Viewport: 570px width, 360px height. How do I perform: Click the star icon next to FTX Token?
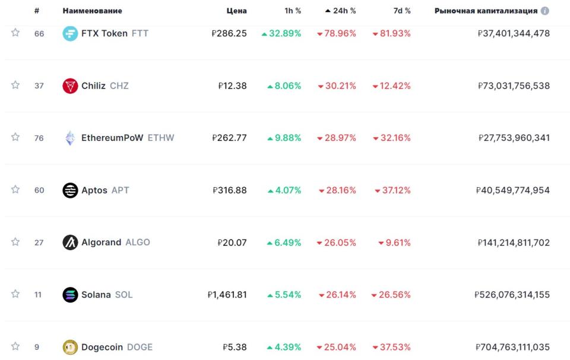(x=15, y=33)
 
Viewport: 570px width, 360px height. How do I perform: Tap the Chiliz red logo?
(x=70, y=86)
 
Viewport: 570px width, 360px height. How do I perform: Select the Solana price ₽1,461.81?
(x=227, y=295)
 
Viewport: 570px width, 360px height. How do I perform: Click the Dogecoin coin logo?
(x=70, y=347)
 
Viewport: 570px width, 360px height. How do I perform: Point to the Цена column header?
(x=236, y=11)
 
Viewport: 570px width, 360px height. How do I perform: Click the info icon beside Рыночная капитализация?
(x=545, y=11)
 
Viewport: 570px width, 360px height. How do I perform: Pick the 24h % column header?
(x=340, y=11)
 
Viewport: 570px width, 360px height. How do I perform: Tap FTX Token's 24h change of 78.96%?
(x=337, y=33)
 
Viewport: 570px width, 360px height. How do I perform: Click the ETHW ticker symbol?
(x=161, y=138)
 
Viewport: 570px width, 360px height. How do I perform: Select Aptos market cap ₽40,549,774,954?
(x=513, y=190)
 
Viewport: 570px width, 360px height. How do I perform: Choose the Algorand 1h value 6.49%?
(x=284, y=242)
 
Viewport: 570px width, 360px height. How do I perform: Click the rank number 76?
(x=39, y=138)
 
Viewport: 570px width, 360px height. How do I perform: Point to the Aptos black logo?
(x=70, y=190)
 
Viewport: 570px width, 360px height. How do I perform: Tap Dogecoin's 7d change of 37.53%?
(x=392, y=347)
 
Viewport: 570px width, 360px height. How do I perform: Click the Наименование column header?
(x=92, y=11)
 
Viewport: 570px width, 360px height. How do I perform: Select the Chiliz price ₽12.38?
(x=232, y=86)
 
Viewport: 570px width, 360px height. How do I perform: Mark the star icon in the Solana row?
(x=15, y=295)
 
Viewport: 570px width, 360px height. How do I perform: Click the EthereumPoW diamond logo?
(x=70, y=138)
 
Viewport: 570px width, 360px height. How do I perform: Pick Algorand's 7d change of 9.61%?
(x=394, y=242)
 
